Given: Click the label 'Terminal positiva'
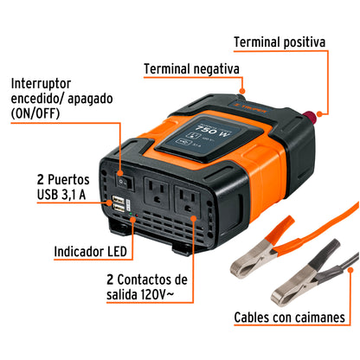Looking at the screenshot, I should (292, 42).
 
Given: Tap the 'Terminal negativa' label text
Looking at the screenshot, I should (192, 68).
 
